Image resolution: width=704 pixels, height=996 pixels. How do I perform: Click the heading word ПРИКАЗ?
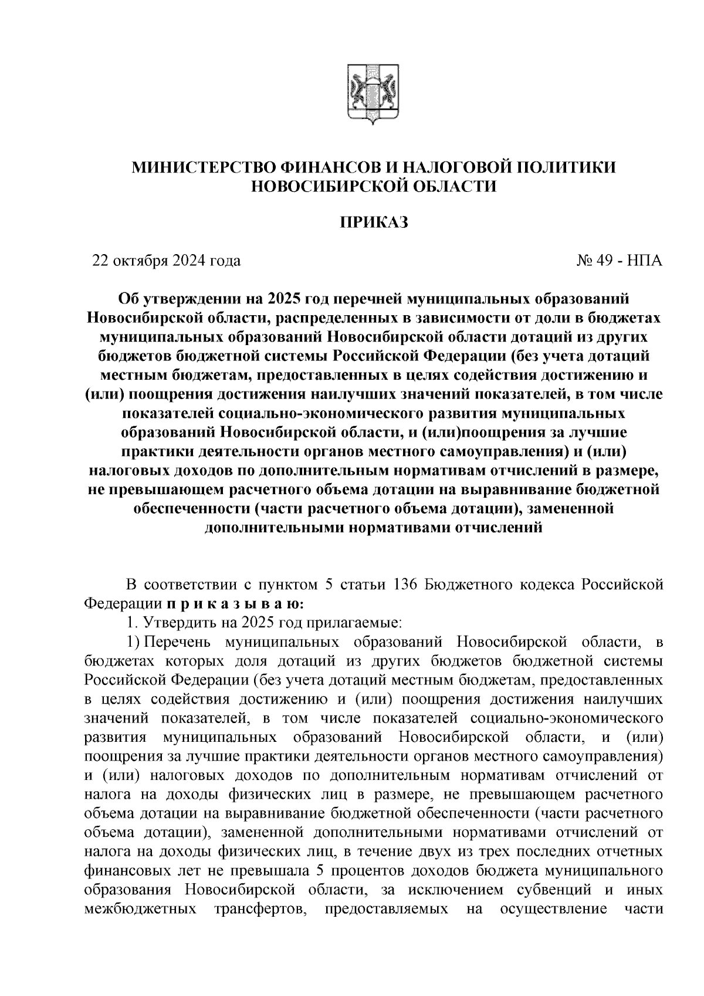pos(374,223)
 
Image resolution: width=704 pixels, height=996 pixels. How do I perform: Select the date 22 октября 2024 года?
pos(166,261)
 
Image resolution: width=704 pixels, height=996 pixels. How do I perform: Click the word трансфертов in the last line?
pos(251,909)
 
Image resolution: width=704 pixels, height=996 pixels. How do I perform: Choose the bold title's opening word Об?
pos(128,299)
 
